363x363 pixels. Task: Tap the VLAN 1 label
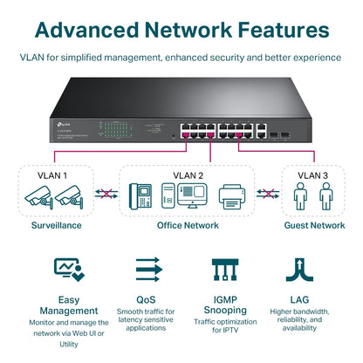pyautogui.click(x=53, y=175)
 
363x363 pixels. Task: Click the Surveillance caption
pyautogui.click(x=52, y=225)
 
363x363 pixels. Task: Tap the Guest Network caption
pyautogui.click(x=315, y=225)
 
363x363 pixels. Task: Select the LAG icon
pyautogui.click(x=299, y=270)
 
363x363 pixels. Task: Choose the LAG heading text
pyautogui.click(x=299, y=298)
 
